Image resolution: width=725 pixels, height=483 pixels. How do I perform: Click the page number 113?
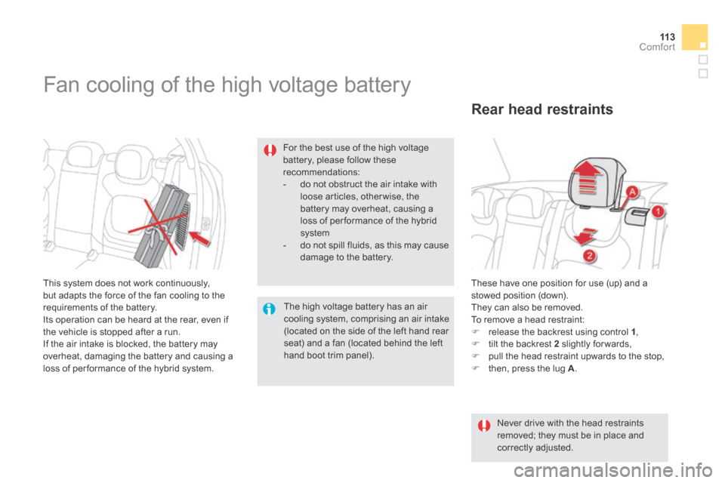click(x=667, y=37)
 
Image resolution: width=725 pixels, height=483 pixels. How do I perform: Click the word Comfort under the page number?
click(x=657, y=47)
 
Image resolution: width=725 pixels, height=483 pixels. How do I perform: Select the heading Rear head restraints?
click(x=542, y=109)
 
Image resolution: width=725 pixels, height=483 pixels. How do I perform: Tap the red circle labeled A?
click(x=631, y=192)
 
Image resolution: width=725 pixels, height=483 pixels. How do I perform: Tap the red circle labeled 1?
click(x=658, y=212)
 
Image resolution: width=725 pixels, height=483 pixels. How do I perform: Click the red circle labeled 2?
click(x=589, y=256)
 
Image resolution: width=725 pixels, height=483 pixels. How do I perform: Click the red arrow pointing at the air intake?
click(x=199, y=239)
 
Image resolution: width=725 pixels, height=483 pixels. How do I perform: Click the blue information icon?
click(x=269, y=309)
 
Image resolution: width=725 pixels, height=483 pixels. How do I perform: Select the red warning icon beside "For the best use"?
click(x=270, y=150)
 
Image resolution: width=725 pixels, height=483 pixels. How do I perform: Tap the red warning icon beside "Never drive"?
click(x=484, y=425)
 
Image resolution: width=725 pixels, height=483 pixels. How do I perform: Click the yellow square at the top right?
click(x=695, y=37)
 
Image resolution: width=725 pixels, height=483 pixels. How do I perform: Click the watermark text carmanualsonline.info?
click(x=613, y=470)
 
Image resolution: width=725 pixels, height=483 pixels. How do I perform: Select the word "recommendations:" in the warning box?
click(x=322, y=172)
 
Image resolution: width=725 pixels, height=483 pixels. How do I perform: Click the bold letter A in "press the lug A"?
click(x=571, y=369)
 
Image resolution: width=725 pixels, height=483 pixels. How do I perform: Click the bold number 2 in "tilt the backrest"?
click(x=557, y=344)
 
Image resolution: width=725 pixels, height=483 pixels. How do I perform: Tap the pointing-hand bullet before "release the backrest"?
click(x=475, y=332)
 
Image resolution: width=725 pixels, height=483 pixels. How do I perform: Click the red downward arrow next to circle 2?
click(x=585, y=235)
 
